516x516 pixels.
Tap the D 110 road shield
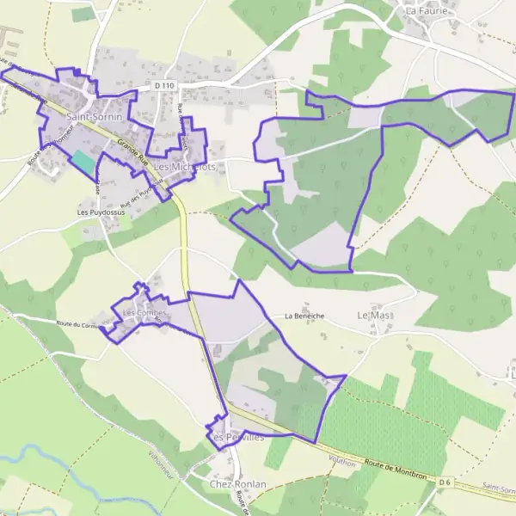[x=166, y=86]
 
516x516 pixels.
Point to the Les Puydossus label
[x=95, y=212]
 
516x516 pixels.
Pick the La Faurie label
[x=423, y=11]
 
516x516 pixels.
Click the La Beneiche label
[x=304, y=316]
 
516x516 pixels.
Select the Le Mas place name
[x=374, y=316]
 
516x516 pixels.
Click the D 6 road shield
[x=444, y=482]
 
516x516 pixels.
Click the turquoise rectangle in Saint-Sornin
[x=82, y=161]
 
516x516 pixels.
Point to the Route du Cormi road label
[x=76, y=323]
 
